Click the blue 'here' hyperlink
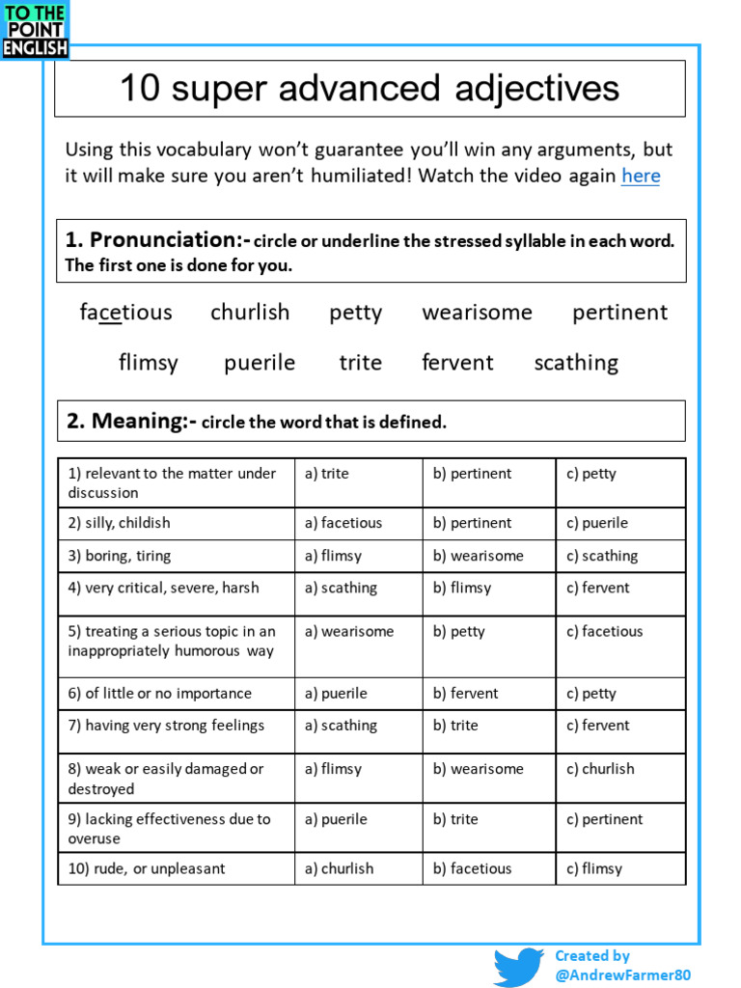coord(641,176)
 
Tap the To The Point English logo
coord(35,30)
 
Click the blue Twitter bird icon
coord(518,967)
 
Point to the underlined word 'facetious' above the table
coord(125,313)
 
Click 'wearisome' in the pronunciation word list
coord(477,313)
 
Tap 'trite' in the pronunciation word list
coord(360,363)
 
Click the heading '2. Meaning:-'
coord(131,422)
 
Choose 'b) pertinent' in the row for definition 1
coord(472,474)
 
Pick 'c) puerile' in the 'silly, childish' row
coord(597,523)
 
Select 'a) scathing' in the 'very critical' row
coord(341,588)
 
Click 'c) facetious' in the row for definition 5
coord(604,632)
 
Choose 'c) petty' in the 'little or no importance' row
coord(590,694)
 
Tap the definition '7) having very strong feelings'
coord(166,726)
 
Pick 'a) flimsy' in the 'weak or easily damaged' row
coord(333,769)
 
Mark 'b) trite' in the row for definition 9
coord(455,819)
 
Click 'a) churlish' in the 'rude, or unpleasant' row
coord(339,868)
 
